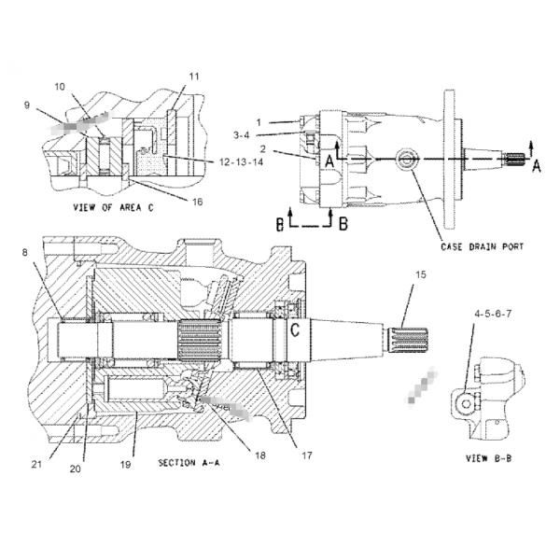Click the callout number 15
420,274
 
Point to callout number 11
194,76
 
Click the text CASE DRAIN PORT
482,247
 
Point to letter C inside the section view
294,329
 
